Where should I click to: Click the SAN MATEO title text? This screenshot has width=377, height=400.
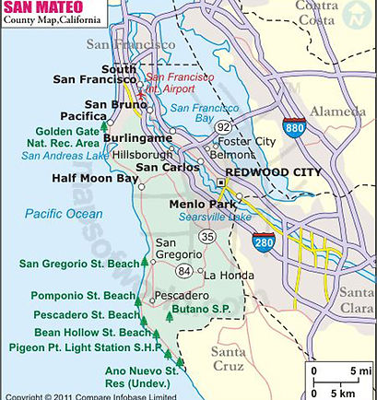click(44, 8)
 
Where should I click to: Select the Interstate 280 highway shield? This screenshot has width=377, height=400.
click(263, 242)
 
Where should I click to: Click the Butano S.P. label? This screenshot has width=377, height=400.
click(203, 308)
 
